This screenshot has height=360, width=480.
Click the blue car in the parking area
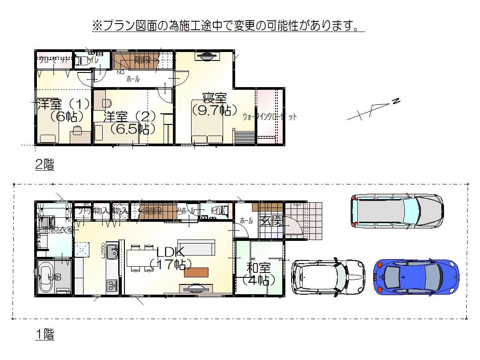click(x=416, y=277)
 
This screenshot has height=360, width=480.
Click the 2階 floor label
click(x=44, y=164)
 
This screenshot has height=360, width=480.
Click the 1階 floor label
click(x=44, y=334)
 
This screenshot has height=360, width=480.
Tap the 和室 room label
click(x=259, y=268)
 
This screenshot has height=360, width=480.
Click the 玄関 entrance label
click(x=272, y=221)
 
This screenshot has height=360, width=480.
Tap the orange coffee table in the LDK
click(x=196, y=272)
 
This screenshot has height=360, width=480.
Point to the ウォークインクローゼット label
click(x=269, y=117)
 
